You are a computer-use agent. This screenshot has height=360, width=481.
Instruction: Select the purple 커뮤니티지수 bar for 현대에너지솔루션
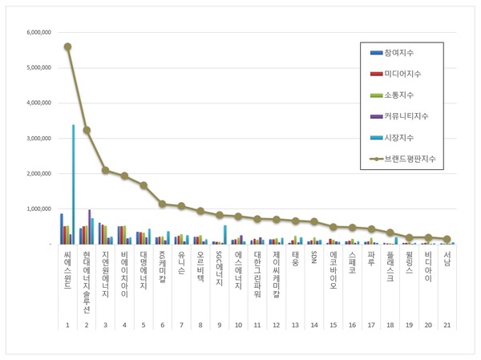coord(89,227)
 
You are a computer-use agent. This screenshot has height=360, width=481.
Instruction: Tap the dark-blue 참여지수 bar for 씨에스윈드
coord(61,229)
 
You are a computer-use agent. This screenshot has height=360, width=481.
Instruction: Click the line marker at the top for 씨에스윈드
coord(67,47)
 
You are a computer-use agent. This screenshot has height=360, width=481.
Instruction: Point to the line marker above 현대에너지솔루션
coord(86,129)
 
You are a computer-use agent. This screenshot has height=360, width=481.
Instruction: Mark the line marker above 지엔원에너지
coord(105,170)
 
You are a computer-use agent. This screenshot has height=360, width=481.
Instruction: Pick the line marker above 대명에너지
coord(143,185)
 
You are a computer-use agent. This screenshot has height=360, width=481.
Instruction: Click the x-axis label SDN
coord(314,257)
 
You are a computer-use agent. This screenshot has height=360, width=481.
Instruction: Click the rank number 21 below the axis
coord(447,323)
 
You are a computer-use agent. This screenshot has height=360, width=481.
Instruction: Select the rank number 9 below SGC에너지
coord(219,323)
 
